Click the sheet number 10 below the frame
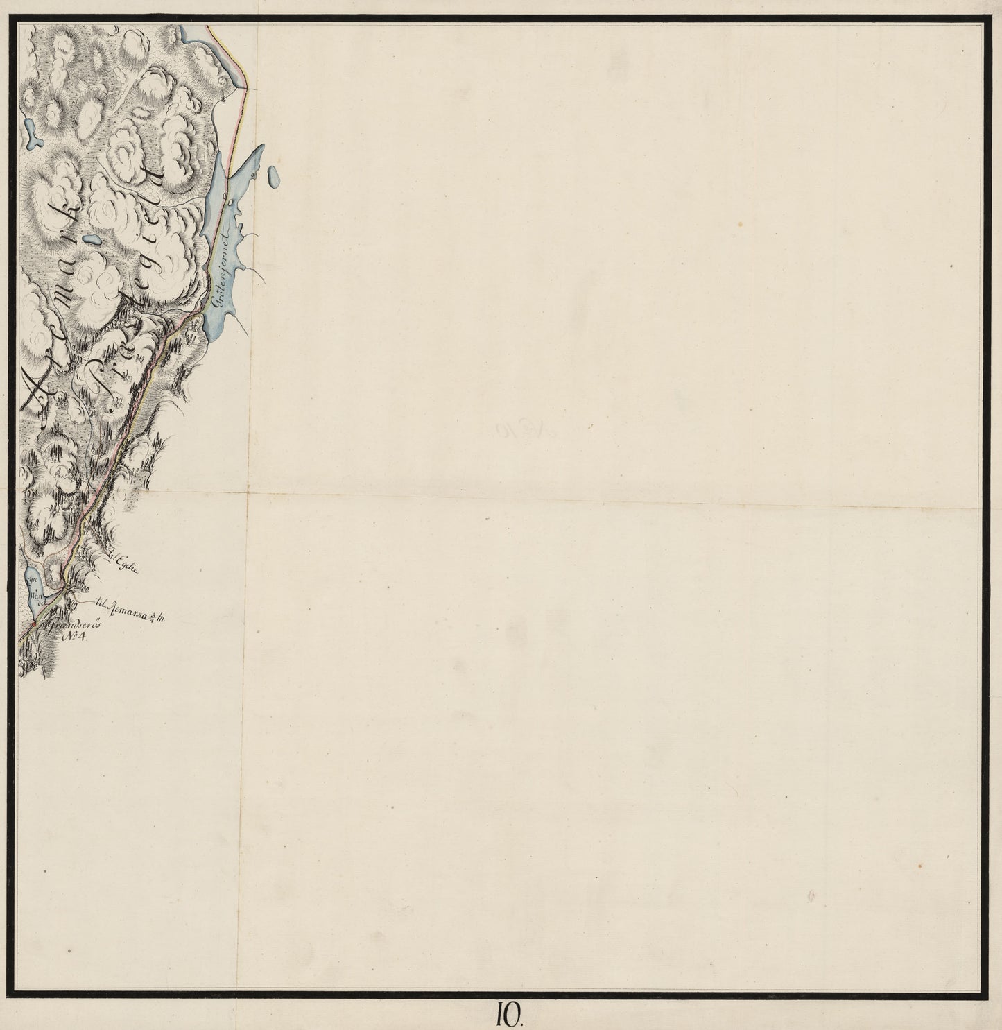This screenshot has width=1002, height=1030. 512,1015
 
